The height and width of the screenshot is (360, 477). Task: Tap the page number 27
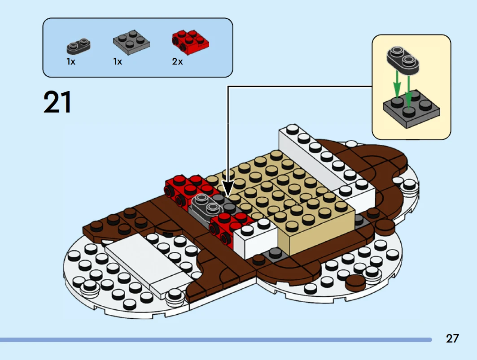tap(452, 338)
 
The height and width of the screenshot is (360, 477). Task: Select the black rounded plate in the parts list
tap(79, 46)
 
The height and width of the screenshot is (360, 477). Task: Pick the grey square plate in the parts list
tap(131, 42)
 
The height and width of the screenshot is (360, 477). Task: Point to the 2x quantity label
tap(178, 62)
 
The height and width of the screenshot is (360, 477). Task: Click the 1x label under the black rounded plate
tap(71, 62)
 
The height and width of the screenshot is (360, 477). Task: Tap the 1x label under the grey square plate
tap(118, 62)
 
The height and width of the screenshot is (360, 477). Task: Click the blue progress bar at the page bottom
tap(215, 340)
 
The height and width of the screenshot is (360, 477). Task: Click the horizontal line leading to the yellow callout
tap(301, 86)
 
